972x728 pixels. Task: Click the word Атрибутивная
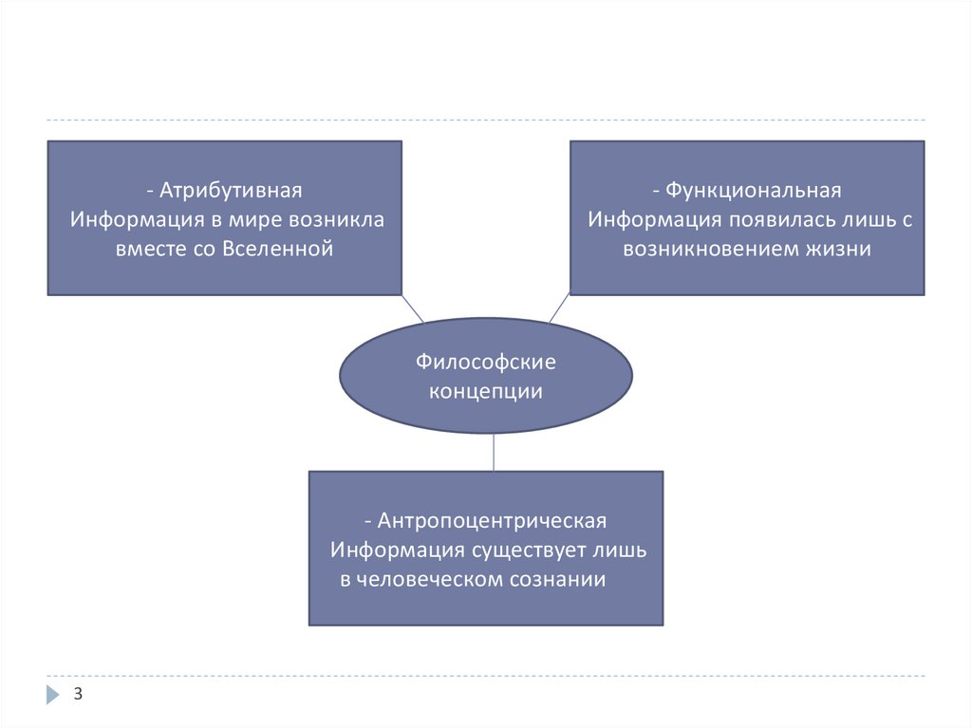(x=231, y=191)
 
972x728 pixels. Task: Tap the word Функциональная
(x=753, y=191)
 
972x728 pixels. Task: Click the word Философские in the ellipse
(x=485, y=362)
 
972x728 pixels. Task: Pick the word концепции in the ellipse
(x=485, y=391)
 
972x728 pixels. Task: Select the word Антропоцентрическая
(x=492, y=521)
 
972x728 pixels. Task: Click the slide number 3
(x=79, y=695)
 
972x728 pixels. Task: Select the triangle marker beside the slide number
(x=52, y=695)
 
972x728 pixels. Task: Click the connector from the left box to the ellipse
(x=413, y=308)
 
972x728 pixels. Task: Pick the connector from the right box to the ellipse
(x=559, y=308)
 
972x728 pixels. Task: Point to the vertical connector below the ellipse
(x=494, y=453)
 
